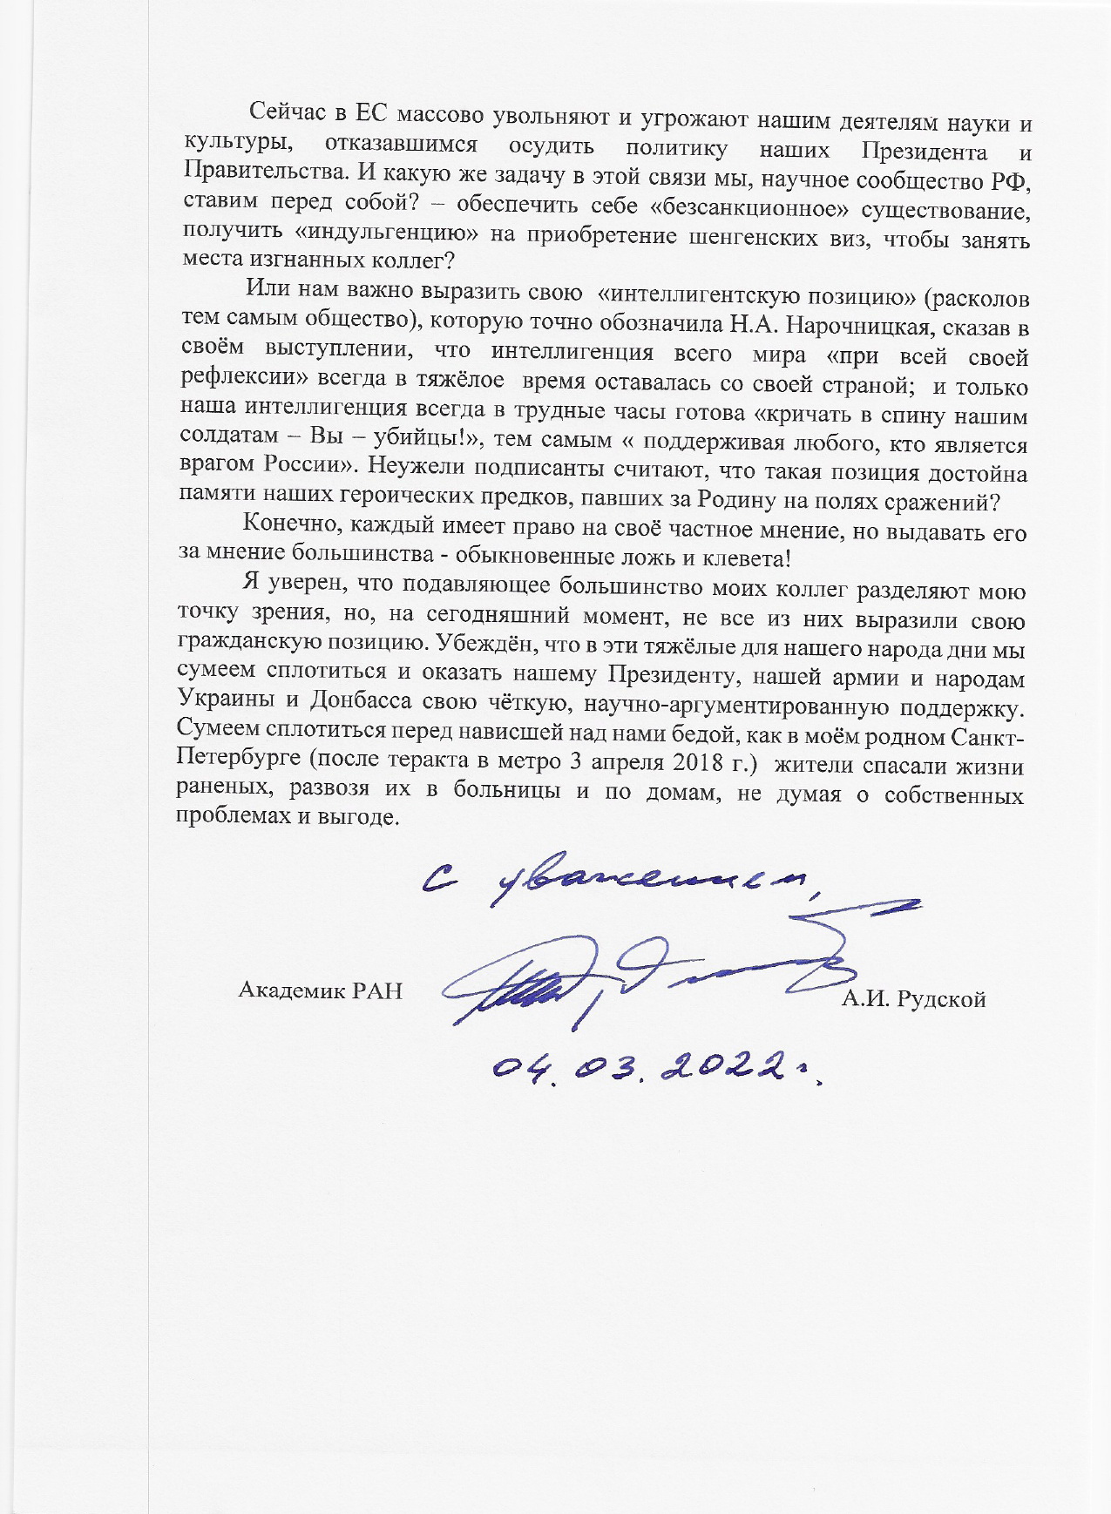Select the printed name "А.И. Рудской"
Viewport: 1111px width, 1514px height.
[913, 999]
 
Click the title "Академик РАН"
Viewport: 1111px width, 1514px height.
[320, 990]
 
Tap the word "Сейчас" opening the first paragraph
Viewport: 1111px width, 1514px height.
[286, 114]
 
